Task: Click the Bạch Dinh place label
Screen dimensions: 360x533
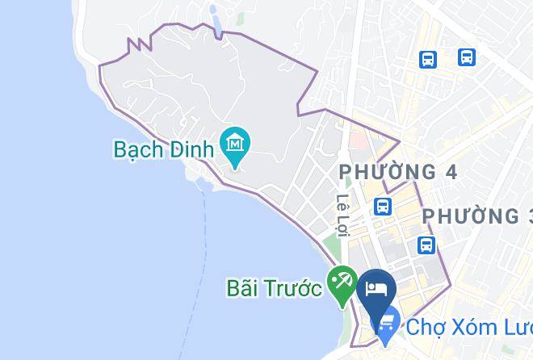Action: [x=164, y=149]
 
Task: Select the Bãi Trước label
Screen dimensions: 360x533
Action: [x=274, y=287]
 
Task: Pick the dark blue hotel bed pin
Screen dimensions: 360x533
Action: [x=376, y=289]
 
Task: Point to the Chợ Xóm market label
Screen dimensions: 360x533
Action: [x=468, y=328]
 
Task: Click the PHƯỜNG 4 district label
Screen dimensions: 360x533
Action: [x=398, y=172]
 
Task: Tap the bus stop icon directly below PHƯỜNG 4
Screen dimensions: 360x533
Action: [x=383, y=206]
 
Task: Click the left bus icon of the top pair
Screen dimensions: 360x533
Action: [x=428, y=58]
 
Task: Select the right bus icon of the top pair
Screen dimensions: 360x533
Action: [x=466, y=57]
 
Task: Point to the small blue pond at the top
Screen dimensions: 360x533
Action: [x=215, y=21]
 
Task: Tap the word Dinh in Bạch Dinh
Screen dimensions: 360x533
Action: [x=194, y=149]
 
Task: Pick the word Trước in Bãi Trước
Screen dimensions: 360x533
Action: [x=297, y=287]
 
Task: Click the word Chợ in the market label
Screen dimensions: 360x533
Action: [x=426, y=328]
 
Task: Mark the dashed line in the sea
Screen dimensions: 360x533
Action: [x=204, y=242]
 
